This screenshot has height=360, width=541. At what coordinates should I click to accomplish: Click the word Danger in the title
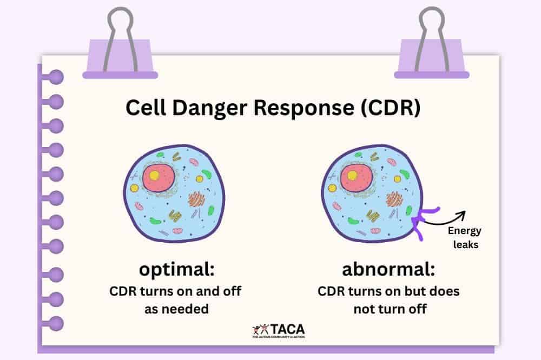point(195,108)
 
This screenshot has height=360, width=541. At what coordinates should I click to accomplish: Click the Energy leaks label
point(464,237)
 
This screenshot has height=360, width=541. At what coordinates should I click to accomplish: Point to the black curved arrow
point(444,217)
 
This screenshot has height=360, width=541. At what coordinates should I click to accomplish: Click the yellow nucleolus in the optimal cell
point(155,175)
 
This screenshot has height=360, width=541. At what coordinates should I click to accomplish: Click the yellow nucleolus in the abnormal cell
point(353,175)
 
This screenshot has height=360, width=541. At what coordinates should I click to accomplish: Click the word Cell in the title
point(143,108)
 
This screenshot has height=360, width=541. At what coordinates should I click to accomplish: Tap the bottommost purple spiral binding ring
point(54,324)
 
